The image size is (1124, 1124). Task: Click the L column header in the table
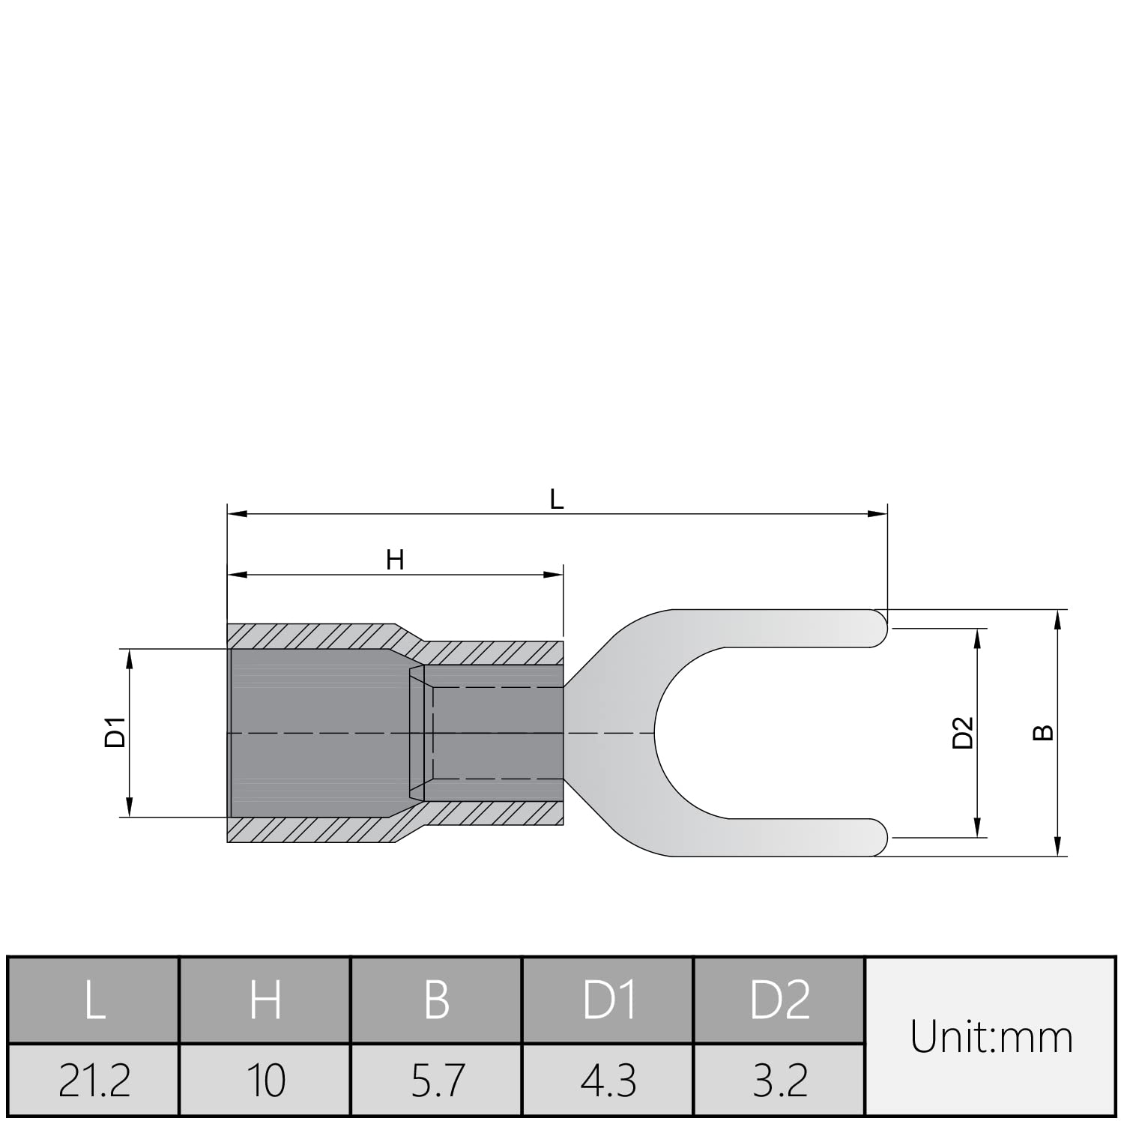tap(94, 1000)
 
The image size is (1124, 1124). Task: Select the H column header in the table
tap(265, 1000)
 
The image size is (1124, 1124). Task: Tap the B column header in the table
tap(437, 1000)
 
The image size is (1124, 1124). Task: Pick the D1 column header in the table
tap(608, 1000)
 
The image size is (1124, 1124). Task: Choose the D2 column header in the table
tap(780, 1000)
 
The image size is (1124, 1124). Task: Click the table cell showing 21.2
tap(94, 1080)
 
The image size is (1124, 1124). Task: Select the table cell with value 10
tap(265, 1080)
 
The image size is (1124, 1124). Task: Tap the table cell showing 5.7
tap(437, 1080)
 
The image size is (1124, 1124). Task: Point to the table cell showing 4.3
tap(608, 1080)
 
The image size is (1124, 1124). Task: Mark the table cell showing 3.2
tap(780, 1080)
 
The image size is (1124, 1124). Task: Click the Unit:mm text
tap(991, 1037)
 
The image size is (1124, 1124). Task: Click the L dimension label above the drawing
tap(556, 499)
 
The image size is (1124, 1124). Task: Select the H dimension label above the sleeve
tap(395, 560)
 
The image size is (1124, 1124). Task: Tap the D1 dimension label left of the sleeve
tap(115, 732)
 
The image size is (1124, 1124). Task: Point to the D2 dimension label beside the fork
tap(962, 732)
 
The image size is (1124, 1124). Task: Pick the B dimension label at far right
tap(1042, 732)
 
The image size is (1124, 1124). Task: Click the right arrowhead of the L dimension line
tap(878, 514)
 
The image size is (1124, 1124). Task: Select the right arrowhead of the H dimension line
tap(554, 575)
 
